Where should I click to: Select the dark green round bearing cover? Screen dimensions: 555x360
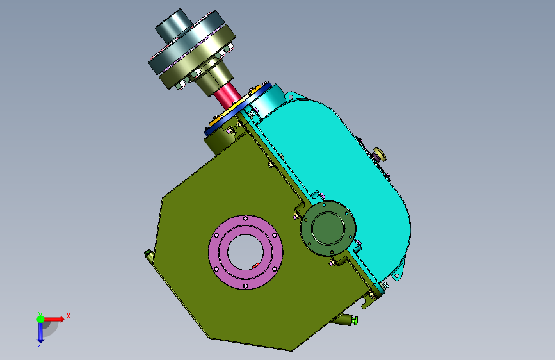(328, 228)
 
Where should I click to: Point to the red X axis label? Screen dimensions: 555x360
(68, 316)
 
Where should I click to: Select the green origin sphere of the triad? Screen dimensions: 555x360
(41, 319)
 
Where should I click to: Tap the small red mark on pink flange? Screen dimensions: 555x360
(255, 266)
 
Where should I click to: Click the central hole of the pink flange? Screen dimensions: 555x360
(245, 252)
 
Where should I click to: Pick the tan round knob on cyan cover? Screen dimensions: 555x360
(380, 155)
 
